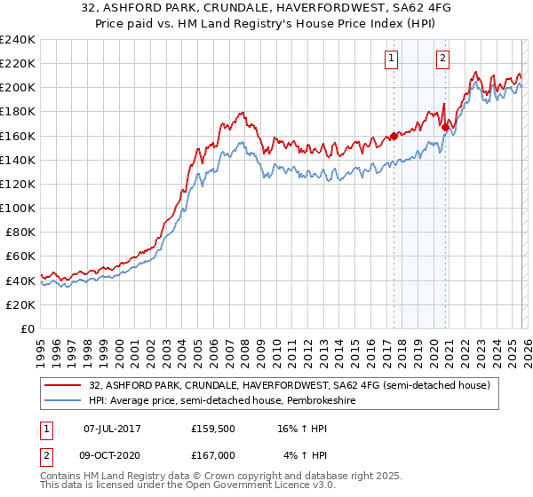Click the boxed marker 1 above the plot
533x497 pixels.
[x=392, y=59]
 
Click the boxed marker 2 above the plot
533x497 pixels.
[x=442, y=59]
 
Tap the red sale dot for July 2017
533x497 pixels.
[x=393, y=137]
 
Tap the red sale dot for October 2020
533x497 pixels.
[x=444, y=127]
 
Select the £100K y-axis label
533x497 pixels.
[x=17, y=208]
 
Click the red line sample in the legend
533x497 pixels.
[x=63, y=384]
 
